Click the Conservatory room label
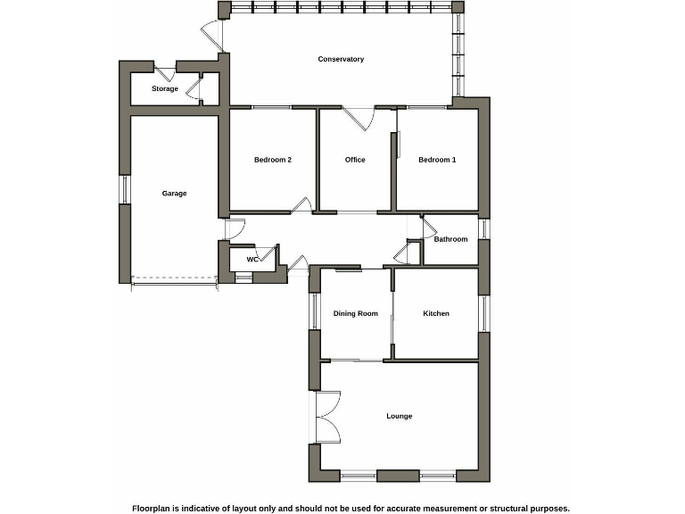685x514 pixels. (341, 60)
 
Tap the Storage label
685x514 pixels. (165, 89)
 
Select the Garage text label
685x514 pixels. (174, 194)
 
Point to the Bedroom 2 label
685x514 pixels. (273, 161)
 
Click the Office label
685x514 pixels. (355, 161)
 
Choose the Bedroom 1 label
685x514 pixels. (437, 161)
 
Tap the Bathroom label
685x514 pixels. (450, 239)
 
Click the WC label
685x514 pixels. (252, 260)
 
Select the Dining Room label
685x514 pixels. (356, 314)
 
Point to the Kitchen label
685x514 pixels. (436, 314)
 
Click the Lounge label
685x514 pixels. (399, 417)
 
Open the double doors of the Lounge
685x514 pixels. (326, 417)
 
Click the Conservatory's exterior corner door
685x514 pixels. (210, 32)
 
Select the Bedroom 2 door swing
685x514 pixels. (302, 205)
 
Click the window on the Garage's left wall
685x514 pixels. (125, 188)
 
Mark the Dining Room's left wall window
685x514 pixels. (314, 311)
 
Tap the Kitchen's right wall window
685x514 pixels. (484, 313)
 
